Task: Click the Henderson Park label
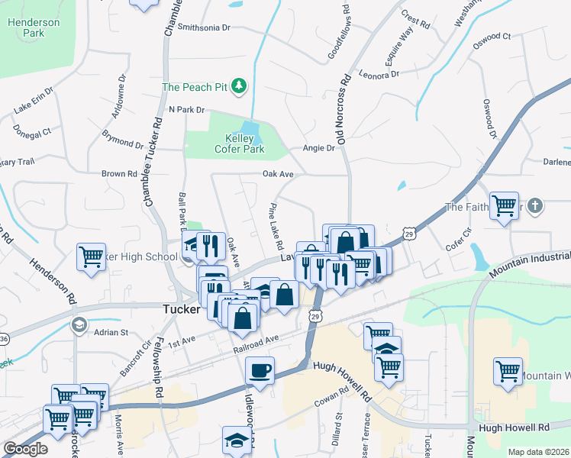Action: [33, 27]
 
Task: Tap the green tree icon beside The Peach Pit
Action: [239, 85]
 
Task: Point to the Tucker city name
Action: [182, 310]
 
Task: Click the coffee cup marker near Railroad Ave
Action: [260, 370]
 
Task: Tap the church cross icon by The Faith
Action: [536, 206]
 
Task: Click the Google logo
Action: [25, 449]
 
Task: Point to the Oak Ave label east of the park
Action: [278, 174]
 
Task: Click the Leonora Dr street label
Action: [379, 75]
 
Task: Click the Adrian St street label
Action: [111, 332]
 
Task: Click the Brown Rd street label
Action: [119, 174]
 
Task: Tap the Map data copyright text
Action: [538, 452]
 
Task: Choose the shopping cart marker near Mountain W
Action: [508, 371]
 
